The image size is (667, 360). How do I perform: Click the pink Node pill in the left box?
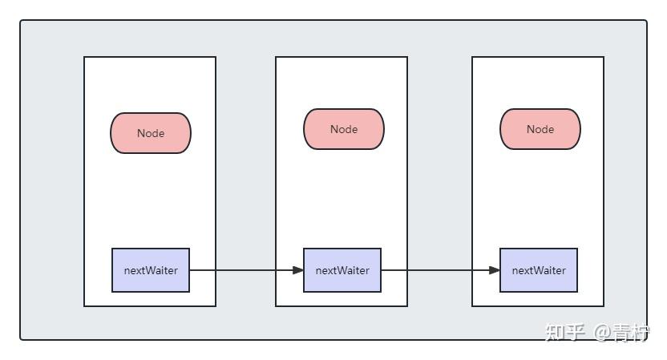click(x=151, y=133)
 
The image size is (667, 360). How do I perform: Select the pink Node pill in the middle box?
click(x=344, y=129)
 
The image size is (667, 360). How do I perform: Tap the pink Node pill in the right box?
click(x=540, y=129)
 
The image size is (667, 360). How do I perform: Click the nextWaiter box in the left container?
click(x=151, y=270)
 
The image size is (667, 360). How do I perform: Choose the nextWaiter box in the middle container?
click(x=342, y=270)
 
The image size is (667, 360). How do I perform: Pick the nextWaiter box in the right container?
click(x=539, y=270)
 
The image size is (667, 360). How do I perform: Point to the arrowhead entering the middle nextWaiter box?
click(x=298, y=270)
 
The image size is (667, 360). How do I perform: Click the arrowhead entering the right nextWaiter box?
click(x=495, y=270)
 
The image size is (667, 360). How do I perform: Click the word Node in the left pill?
click(x=151, y=133)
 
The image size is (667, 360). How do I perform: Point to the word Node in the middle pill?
click(x=344, y=129)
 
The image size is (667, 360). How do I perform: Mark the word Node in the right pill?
click(x=540, y=129)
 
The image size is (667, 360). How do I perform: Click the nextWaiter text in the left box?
click(x=151, y=270)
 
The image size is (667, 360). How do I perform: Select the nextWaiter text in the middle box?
click(x=342, y=270)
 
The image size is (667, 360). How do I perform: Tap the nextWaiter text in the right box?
click(x=539, y=270)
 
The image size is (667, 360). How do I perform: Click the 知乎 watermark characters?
click(x=565, y=332)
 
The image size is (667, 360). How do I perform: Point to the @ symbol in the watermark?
click(x=603, y=333)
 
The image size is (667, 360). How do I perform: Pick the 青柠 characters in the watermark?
click(x=632, y=333)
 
